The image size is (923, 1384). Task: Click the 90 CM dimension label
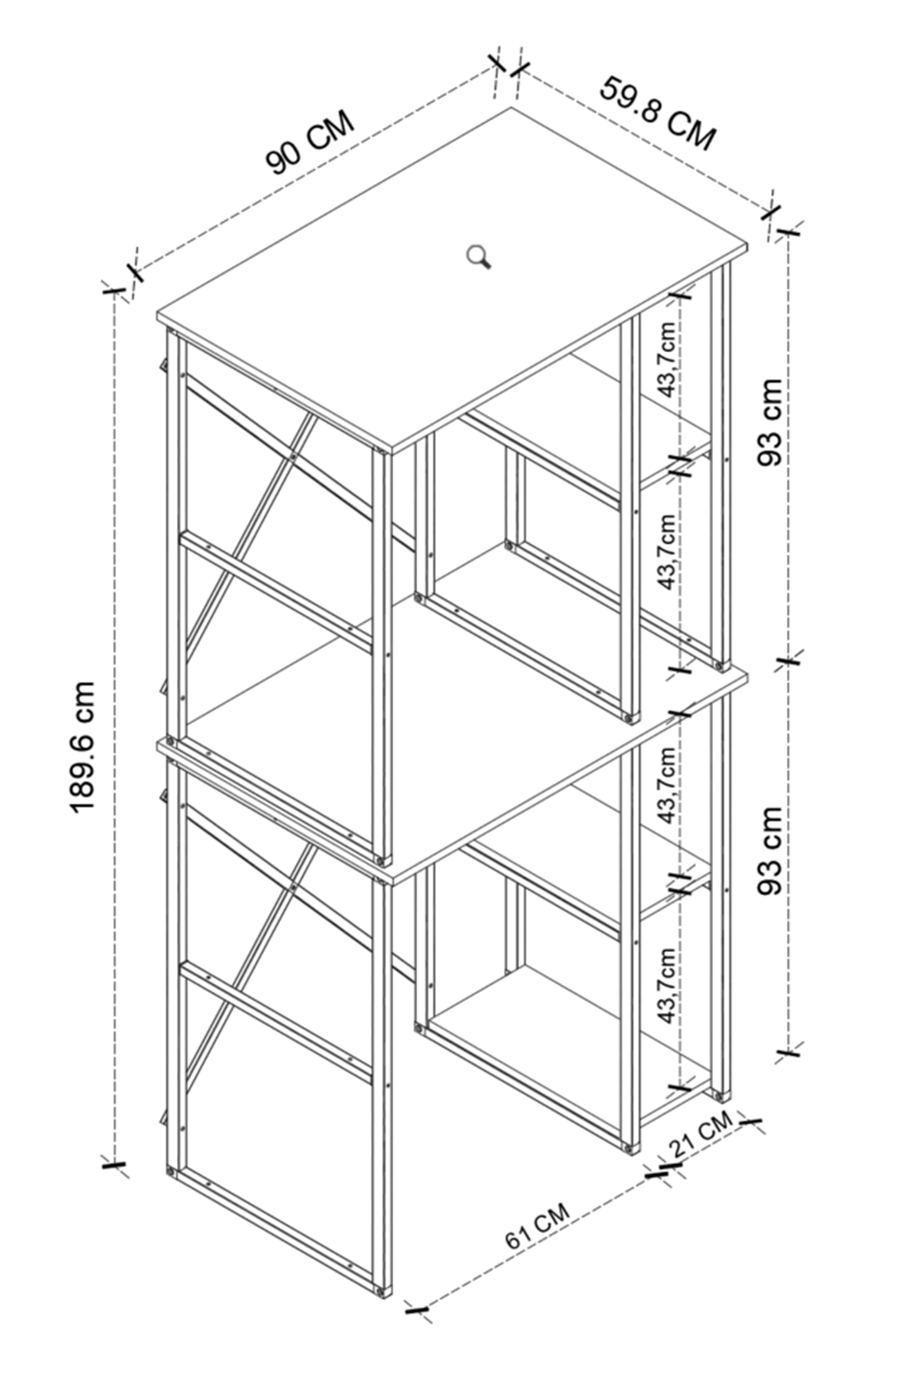310,144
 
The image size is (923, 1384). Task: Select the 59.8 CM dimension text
658,113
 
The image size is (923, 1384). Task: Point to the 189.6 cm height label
82,746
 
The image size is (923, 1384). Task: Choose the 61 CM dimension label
538,1227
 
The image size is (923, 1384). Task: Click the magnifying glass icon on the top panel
480,256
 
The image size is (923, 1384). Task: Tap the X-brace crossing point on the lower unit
295,887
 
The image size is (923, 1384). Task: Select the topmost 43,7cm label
667,359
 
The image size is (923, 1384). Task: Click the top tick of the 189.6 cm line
114,291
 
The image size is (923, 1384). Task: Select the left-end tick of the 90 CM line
135,271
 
